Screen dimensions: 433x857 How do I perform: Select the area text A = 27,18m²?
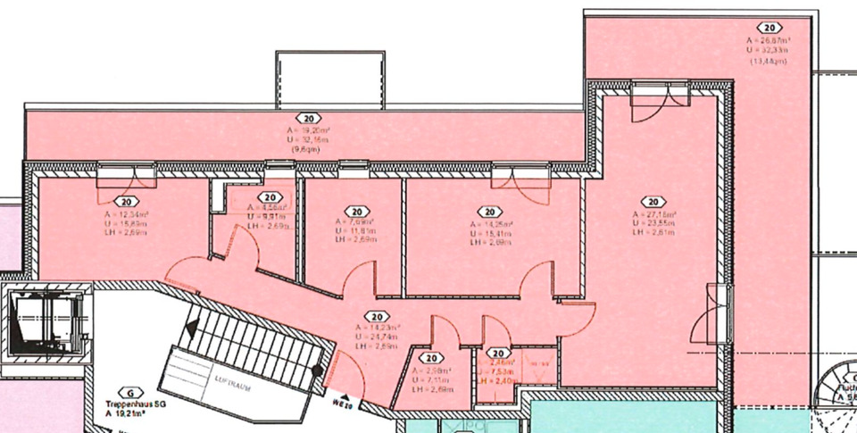pyautogui.click(x=654, y=215)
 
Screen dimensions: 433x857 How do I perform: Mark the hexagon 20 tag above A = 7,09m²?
pyautogui.click(x=354, y=210)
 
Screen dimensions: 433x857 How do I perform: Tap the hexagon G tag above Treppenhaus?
pyautogui.click(x=132, y=392)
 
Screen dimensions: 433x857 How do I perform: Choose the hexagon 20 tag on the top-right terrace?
pyautogui.click(x=768, y=27)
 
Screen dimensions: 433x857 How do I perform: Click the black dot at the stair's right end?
pyautogui.click(x=317, y=371)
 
